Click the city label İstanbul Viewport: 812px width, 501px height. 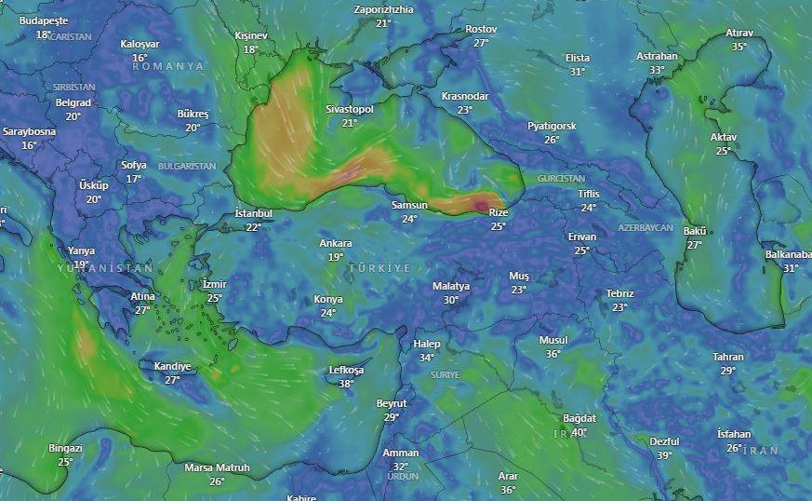point(253,214)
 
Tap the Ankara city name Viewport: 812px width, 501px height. point(336,244)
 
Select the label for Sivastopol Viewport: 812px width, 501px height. point(350,110)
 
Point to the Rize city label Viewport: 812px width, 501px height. point(499,213)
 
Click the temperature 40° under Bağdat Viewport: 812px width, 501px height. point(579,432)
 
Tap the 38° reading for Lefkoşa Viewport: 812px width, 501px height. point(347,384)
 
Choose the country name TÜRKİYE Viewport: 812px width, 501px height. point(379,268)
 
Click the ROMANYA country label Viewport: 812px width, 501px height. point(167,67)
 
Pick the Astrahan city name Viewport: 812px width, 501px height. point(657,57)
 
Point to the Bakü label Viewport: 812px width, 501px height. point(695,232)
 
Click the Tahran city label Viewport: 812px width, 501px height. point(728,358)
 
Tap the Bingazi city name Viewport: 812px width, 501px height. point(65,449)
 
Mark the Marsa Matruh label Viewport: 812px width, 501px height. point(217,467)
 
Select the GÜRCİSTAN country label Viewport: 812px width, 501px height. point(561,178)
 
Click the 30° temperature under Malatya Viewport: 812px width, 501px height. point(451,300)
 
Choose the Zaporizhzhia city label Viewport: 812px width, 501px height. point(383,9)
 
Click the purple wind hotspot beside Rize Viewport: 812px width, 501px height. point(482,205)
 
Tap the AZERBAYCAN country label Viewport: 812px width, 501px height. point(645,228)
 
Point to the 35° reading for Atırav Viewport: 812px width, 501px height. point(739,47)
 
